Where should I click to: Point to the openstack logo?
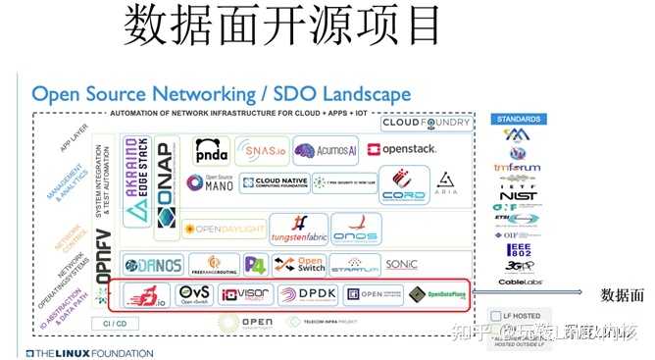[x=401, y=150]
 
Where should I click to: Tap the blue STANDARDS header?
[x=517, y=119]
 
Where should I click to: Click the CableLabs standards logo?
[x=517, y=282]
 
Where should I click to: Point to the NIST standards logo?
[x=517, y=195]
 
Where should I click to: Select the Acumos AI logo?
[x=326, y=150]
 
